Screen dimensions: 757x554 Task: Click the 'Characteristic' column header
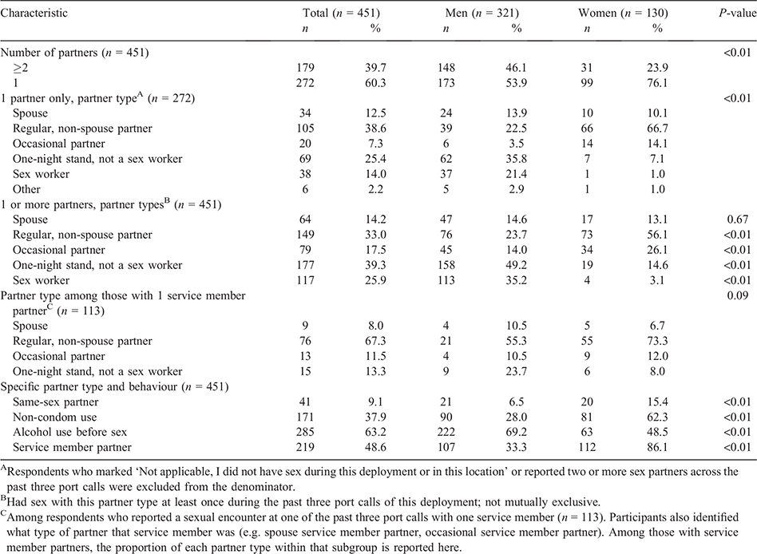coord(34,13)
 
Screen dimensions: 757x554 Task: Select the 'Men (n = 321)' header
coord(482,14)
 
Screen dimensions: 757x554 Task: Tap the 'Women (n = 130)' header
coord(623,14)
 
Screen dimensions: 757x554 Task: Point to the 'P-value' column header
coord(738,14)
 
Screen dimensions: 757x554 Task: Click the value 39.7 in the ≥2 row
coord(375,68)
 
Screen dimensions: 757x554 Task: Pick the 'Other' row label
coord(26,189)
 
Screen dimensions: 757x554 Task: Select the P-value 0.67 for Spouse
coord(738,220)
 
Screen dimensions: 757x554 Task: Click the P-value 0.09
coord(738,295)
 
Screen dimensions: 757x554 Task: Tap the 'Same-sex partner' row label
coord(56,402)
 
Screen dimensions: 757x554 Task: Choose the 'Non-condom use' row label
coord(54,417)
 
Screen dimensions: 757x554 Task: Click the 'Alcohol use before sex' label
coord(70,432)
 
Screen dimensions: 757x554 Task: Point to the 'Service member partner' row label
coord(72,447)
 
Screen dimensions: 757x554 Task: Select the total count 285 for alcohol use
coord(305,432)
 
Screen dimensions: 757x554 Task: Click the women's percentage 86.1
coord(657,447)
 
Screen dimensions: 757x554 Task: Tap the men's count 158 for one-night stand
coord(446,265)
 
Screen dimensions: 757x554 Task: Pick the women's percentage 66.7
coord(657,129)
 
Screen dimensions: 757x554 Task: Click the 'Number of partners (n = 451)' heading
coord(74,53)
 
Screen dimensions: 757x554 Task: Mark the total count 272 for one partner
coord(305,83)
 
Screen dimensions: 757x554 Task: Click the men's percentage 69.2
coord(516,432)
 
